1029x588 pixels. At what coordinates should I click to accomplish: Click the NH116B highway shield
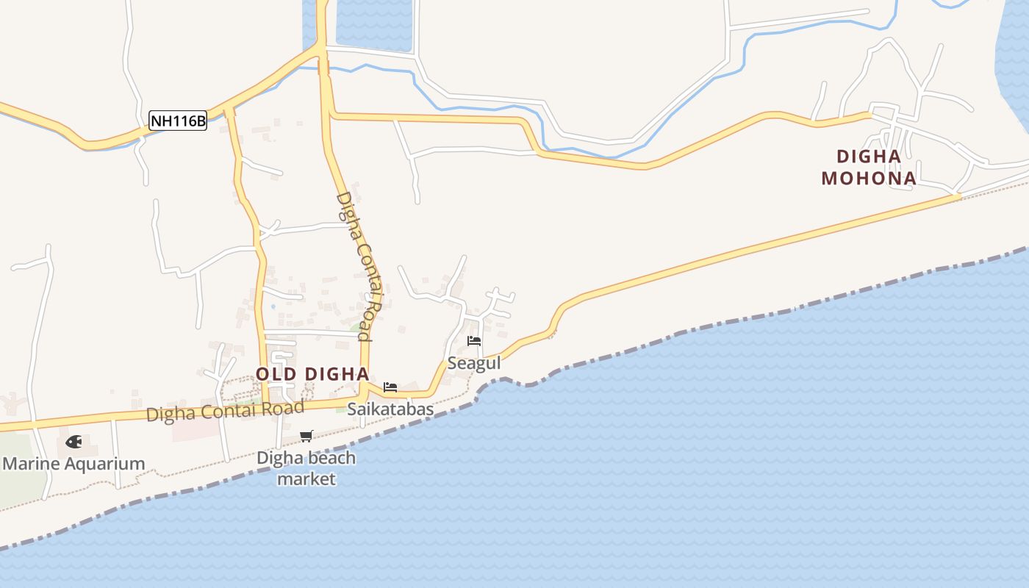(178, 121)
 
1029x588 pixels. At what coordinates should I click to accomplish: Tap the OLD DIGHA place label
(312, 374)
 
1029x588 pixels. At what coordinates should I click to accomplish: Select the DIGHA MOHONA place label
(869, 167)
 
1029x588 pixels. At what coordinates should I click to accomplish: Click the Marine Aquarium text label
(74, 464)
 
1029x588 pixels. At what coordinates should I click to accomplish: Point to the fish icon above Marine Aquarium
(73, 442)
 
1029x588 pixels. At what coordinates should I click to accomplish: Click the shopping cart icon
(306, 436)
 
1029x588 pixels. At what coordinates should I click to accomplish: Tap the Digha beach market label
(306, 468)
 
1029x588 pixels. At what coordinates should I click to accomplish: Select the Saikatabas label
(390, 409)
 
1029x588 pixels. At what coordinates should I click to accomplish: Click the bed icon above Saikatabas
(390, 387)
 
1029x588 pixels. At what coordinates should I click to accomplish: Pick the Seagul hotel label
(474, 363)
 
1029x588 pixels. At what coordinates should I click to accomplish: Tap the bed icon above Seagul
(474, 341)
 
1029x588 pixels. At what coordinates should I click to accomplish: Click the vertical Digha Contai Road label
(361, 266)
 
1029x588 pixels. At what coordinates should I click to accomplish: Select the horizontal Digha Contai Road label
(225, 411)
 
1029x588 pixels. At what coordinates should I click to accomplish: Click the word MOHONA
(869, 178)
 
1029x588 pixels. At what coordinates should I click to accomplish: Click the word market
(306, 479)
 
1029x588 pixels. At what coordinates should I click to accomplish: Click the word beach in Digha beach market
(331, 458)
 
